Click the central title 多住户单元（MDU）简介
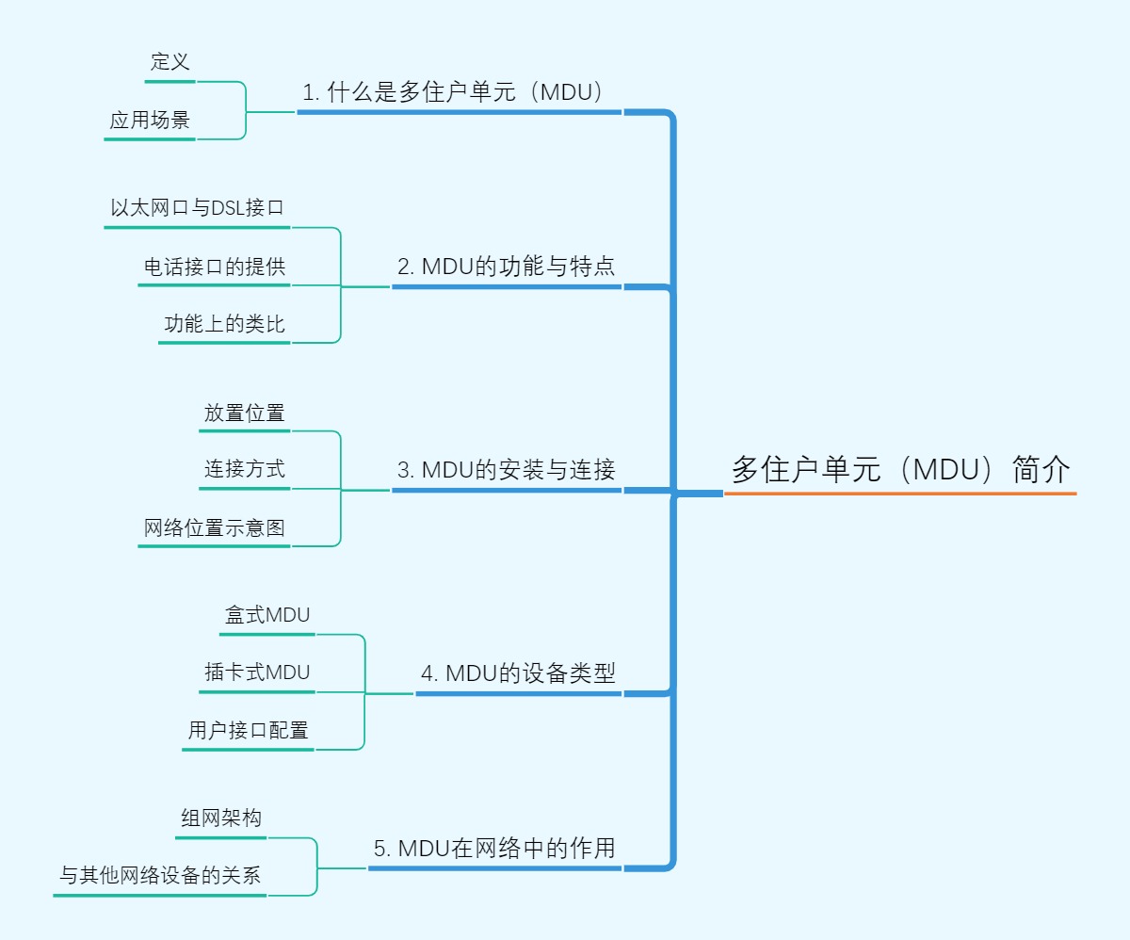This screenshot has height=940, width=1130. pyautogui.click(x=900, y=469)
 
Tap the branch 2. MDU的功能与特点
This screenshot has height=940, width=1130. pyautogui.click(x=506, y=267)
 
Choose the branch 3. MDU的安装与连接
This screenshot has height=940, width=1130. pyautogui.click(x=506, y=470)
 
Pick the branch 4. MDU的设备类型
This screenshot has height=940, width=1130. pyautogui.click(x=518, y=673)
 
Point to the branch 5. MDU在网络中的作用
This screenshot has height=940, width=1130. pyautogui.click(x=493, y=848)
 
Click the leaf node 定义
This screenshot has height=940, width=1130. pyautogui.click(x=170, y=62)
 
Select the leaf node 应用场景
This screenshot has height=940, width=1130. pyautogui.click(x=150, y=121)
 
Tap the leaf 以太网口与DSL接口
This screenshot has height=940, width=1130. pyautogui.click(x=197, y=208)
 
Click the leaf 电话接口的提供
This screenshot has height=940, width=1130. pyautogui.click(x=214, y=267)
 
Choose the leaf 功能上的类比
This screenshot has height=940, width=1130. pyautogui.click(x=224, y=324)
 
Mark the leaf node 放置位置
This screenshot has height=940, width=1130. pyautogui.click(x=244, y=413)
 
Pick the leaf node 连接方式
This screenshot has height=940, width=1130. pyautogui.click(x=244, y=469)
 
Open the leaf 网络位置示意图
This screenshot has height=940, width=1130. pyautogui.click(x=214, y=527)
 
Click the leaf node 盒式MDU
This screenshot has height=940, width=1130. pyautogui.click(x=267, y=615)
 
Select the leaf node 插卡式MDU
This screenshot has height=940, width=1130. pyautogui.click(x=257, y=673)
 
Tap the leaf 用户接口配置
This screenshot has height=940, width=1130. pyautogui.click(x=248, y=730)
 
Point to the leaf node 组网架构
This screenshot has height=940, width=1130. pyautogui.click(x=221, y=818)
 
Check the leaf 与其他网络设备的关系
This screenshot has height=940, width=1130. pyautogui.click(x=160, y=876)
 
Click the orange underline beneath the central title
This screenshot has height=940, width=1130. pyautogui.click(x=900, y=493)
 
